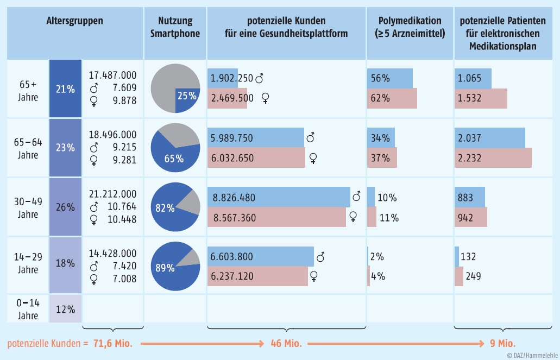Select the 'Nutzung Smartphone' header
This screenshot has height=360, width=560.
click(x=175, y=27)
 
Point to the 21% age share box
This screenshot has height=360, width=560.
click(x=65, y=89)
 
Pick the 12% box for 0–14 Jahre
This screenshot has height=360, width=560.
click(x=65, y=309)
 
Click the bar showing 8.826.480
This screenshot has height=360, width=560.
click(x=279, y=198)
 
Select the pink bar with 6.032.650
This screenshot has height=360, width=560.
click(x=256, y=158)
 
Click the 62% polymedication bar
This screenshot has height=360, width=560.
click(x=392, y=98)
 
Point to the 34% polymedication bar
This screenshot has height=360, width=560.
click(x=381, y=138)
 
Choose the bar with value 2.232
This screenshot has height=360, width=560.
click(x=492, y=158)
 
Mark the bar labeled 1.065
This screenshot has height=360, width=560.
click(x=473, y=78)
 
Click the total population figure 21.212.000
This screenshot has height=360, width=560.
click(x=112, y=194)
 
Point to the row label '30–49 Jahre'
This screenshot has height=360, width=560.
click(x=27, y=207)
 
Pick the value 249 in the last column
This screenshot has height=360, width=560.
click(x=473, y=276)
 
